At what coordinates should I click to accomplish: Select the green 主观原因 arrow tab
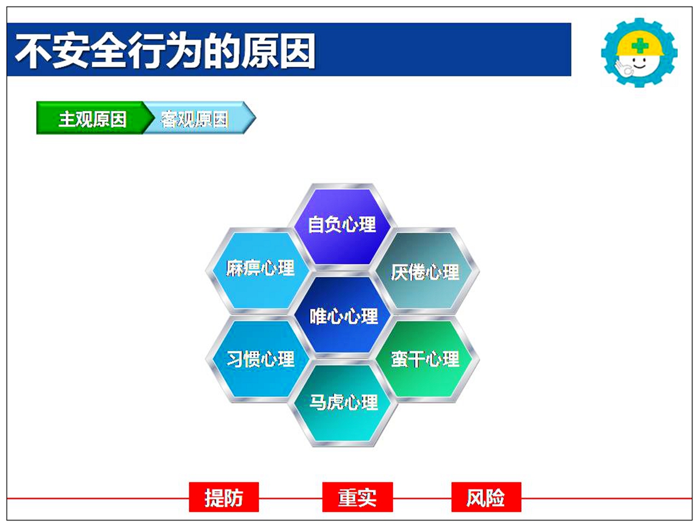tap(93, 118)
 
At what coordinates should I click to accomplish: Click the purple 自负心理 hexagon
tap(342, 225)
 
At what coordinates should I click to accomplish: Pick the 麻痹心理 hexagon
tap(259, 269)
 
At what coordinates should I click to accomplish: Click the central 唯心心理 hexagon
tap(342, 316)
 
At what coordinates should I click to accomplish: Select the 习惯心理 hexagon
tap(259, 359)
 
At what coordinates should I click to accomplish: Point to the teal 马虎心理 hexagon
tap(342, 403)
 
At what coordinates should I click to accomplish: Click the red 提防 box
tap(224, 497)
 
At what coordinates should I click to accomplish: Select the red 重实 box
tap(357, 497)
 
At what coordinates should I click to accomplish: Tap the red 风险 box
tap(486, 497)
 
